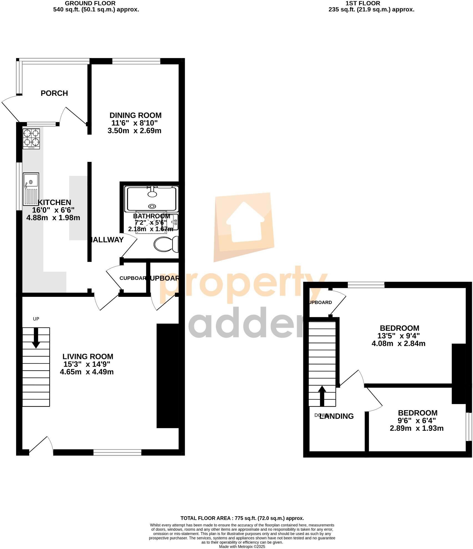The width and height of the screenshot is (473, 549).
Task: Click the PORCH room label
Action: click(54, 93)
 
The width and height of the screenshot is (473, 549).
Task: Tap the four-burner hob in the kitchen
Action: click(31, 139)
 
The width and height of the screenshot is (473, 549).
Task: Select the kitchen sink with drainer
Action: click(31, 189)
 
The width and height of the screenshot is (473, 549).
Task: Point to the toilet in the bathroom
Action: click(166, 244)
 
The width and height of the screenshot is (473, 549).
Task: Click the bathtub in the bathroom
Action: click(152, 199)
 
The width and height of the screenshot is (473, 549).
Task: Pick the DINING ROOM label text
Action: click(135, 115)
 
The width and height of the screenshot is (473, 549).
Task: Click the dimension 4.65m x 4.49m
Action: click(87, 372)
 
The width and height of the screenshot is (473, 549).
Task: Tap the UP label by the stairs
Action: click(36, 319)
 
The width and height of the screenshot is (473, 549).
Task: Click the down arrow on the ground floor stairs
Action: click(36, 338)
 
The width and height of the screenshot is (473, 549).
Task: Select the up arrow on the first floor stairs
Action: click(322, 396)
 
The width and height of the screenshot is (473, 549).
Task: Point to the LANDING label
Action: click(336, 416)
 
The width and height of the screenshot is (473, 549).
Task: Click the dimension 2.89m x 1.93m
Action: click(416, 428)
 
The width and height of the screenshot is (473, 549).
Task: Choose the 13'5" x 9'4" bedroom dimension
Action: click(398, 336)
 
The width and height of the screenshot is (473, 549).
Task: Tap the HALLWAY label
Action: click(107, 240)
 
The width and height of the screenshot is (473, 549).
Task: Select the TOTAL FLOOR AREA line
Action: click(242, 518)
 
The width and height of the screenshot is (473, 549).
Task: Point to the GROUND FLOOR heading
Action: click(90, 3)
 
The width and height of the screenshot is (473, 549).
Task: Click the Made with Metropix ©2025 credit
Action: click(242, 547)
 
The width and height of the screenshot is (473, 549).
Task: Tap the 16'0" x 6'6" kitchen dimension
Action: click(53, 210)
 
